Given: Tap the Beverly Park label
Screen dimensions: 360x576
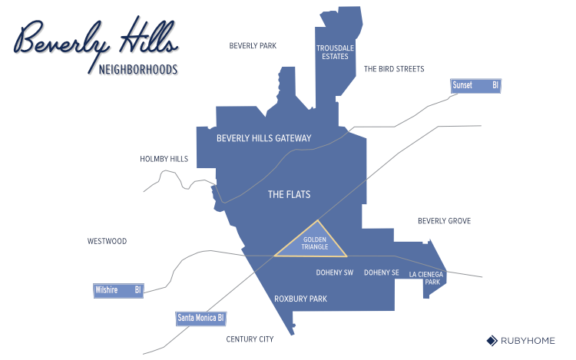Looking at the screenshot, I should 253,46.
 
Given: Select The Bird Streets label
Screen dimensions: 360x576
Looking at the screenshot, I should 394,69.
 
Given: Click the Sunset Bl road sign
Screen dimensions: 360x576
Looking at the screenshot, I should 475,85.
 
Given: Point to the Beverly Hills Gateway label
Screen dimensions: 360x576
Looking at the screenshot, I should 264,139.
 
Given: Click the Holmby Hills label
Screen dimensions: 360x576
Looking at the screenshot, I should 164,159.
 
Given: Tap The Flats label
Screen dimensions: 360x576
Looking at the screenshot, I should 289,195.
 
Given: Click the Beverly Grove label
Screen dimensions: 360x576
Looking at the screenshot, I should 444,221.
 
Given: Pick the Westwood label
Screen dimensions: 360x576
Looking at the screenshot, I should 107,241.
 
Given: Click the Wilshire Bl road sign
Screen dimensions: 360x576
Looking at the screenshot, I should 118,290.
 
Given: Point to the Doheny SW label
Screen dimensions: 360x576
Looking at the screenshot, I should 335,272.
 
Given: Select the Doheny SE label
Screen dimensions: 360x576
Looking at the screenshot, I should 382,272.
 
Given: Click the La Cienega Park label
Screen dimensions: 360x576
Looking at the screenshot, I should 425,278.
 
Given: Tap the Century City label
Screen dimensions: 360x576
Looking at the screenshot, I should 250,339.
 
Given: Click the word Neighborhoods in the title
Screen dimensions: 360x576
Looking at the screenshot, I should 138,70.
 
